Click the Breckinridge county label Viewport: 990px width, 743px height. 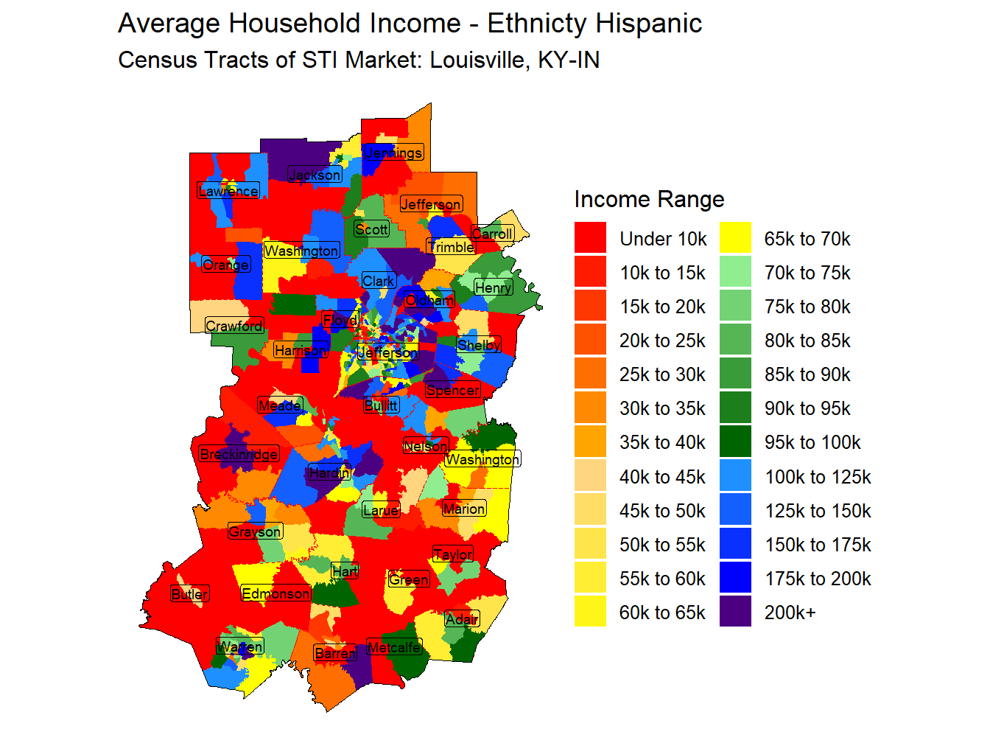(x=239, y=454)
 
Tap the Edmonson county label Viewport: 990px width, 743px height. (x=276, y=593)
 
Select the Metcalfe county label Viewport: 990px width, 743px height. (x=394, y=647)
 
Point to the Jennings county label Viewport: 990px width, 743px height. (x=394, y=153)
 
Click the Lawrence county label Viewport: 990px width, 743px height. (x=228, y=191)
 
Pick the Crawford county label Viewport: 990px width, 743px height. (x=234, y=326)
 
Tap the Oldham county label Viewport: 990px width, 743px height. (x=429, y=300)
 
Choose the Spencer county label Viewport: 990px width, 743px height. (x=453, y=390)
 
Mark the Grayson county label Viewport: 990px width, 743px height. (x=255, y=531)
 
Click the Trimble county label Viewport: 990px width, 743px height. (x=451, y=246)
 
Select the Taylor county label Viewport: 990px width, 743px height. (x=453, y=554)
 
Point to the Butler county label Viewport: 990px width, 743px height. (x=190, y=594)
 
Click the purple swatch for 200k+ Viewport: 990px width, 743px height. (x=735, y=612)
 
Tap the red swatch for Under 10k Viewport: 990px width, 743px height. (x=590, y=238)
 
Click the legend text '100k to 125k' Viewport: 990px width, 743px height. (x=818, y=477)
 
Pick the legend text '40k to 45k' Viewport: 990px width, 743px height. (x=662, y=477)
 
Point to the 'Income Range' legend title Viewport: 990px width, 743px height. (x=649, y=199)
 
